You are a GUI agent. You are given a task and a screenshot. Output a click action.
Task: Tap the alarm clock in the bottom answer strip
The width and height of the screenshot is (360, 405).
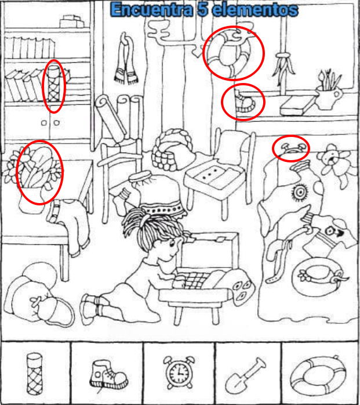point(179,373)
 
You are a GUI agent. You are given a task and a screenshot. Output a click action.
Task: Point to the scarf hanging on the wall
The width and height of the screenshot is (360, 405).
point(126,59)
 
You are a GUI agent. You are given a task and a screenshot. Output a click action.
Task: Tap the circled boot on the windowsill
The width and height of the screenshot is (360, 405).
point(244,103)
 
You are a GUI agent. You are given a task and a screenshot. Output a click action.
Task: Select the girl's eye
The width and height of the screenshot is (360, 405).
point(172,243)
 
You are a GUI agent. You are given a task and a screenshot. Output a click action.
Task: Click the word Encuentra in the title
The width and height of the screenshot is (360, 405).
point(152,10)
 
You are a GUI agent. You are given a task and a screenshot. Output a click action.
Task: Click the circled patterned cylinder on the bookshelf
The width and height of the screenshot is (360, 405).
point(54,83)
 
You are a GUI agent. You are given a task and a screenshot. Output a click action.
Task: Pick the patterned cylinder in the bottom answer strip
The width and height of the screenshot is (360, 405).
point(35,374)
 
